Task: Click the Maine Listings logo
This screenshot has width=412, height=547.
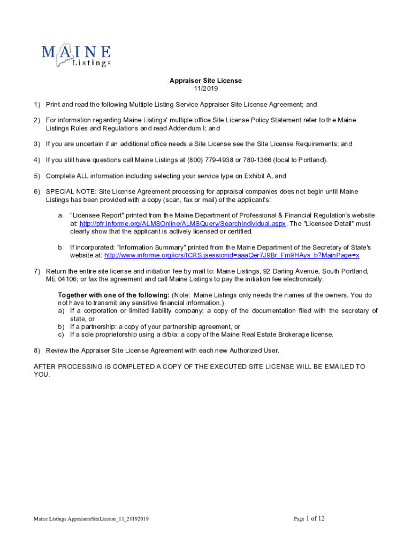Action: coord(76,55)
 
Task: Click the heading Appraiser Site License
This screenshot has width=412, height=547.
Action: coord(206,81)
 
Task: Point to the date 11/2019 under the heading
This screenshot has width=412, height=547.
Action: coord(206,89)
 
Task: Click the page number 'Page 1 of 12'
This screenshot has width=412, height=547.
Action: coord(309,519)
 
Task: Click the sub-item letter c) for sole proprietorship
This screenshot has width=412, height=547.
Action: coord(61,334)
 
